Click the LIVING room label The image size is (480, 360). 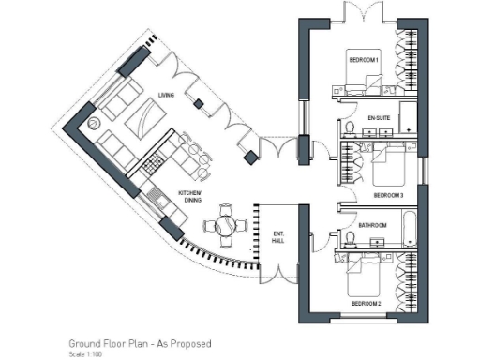167,95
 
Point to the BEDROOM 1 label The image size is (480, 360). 365,60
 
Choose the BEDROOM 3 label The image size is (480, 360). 387,195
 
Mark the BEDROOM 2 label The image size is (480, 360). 365,304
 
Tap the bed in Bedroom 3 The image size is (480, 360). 393,169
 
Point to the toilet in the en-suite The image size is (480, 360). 349,127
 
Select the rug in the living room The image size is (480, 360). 147,118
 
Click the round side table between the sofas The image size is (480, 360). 93,124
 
